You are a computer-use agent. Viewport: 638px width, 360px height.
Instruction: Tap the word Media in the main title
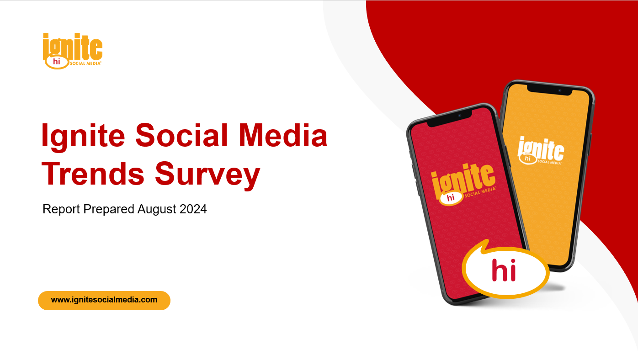[283, 136]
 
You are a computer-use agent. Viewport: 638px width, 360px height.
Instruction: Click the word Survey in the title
[207, 176]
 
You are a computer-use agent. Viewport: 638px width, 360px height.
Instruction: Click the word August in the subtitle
[156, 209]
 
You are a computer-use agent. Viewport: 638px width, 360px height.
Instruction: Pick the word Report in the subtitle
[61, 209]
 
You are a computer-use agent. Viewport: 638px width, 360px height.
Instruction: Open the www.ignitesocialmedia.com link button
[104, 300]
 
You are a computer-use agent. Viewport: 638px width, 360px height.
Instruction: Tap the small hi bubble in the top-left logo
[57, 62]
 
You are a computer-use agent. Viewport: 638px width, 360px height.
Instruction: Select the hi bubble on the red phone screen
[451, 198]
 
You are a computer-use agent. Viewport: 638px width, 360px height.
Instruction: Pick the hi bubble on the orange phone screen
[528, 159]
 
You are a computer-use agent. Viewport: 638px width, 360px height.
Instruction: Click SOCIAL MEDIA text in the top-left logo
[85, 63]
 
